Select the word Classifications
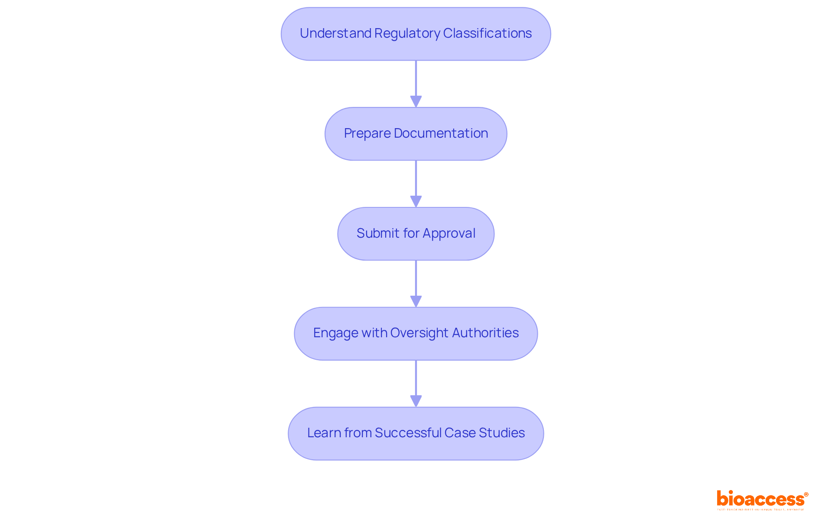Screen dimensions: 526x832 [x=487, y=33]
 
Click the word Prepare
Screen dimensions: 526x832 [x=367, y=133]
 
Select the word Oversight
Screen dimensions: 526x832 [x=419, y=333]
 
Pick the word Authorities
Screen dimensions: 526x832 [x=485, y=333]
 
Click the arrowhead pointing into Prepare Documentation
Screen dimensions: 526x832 [x=416, y=101]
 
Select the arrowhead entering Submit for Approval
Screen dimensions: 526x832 [x=416, y=201]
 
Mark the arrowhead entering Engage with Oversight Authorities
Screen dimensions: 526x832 [x=416, y=301]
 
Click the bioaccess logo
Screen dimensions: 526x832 [x=760, y=499]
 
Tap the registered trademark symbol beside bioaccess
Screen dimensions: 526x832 [x=806, y=494]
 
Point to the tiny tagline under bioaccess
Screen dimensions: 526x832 [x=760, y=510]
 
